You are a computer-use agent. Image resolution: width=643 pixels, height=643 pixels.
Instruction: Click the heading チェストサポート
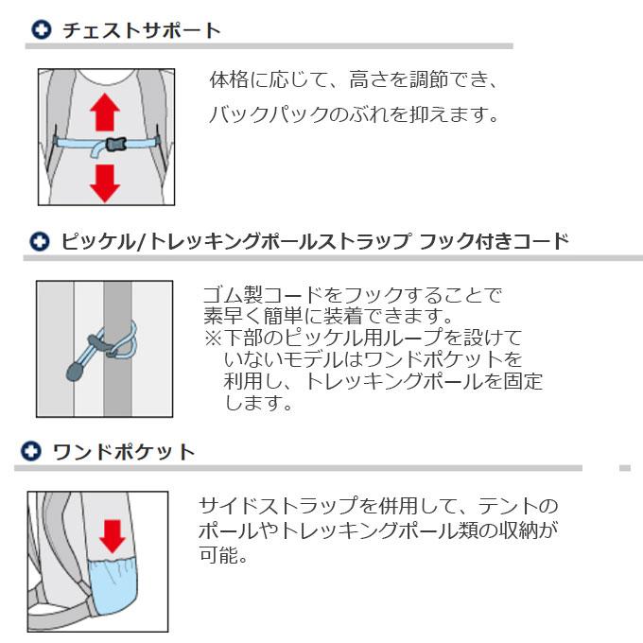click(x=142, y=31)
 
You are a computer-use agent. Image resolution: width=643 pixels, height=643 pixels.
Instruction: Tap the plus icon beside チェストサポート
click(x=42, y=30)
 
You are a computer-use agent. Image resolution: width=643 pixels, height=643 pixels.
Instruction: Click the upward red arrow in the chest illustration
click(x=105, y=112)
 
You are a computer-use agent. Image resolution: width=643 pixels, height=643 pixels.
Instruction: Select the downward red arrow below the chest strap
click(x=105, y=183)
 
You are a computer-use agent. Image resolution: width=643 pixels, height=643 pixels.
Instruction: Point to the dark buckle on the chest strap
click(x=116, y=144)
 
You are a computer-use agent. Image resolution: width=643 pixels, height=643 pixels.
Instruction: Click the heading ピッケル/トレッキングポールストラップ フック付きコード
click(x=315, y=241)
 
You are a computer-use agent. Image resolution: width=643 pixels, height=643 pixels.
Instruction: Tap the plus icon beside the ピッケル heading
click(x=40, y=241)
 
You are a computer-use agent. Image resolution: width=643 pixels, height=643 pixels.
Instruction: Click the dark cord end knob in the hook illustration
click(x=74, y=372)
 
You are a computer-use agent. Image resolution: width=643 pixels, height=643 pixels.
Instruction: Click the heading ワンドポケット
click(x=124, y=452)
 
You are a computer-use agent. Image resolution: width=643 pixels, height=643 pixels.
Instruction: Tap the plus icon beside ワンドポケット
click(x=31, y=451)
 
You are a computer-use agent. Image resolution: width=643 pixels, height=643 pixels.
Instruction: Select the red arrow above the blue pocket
click(x=113, y=536)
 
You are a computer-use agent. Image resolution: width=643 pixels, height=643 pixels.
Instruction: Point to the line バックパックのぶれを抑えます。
click(x=354, y=114)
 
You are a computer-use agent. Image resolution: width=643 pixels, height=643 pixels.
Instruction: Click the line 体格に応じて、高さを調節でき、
click(x=354, y=79)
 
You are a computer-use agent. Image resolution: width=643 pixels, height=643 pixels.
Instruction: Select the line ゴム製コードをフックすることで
click(x=353, y=294)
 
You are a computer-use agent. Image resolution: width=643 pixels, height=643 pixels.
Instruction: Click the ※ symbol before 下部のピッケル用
click(x=213, y=338)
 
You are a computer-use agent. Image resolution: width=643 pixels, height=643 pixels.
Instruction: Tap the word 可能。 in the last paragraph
click(x=223, y=555)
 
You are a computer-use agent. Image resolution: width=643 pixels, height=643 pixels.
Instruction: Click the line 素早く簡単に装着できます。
click(x=328, y=316)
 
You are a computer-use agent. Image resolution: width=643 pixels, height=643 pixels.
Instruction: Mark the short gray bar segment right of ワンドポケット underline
click(x=625, y=468)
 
